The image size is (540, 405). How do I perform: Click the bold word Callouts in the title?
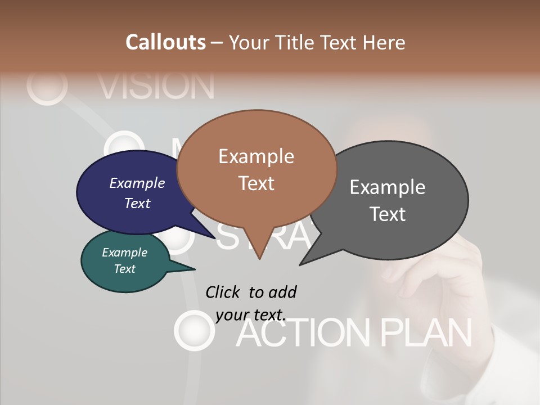click(x=165, y=42)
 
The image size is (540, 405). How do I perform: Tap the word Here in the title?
click(x=385, y=42)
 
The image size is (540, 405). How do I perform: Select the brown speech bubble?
click(x=256, y=169)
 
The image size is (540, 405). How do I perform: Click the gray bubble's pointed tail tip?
click(x=301, y=263)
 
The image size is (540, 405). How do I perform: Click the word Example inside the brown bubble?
click(x=256, y=156)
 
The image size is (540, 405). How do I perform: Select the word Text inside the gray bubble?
click(x=388, y=214)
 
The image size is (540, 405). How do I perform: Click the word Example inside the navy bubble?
click(x=137, y=183)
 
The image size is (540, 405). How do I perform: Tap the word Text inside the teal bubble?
click(x=125, y=269)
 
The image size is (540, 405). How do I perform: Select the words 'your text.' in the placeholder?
click(x=251, y=314)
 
